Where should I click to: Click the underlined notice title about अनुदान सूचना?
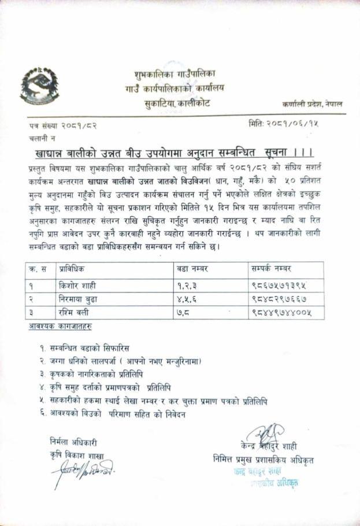point(173,153)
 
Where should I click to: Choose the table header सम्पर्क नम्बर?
point(272,269)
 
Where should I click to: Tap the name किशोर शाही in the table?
point(81,285)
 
